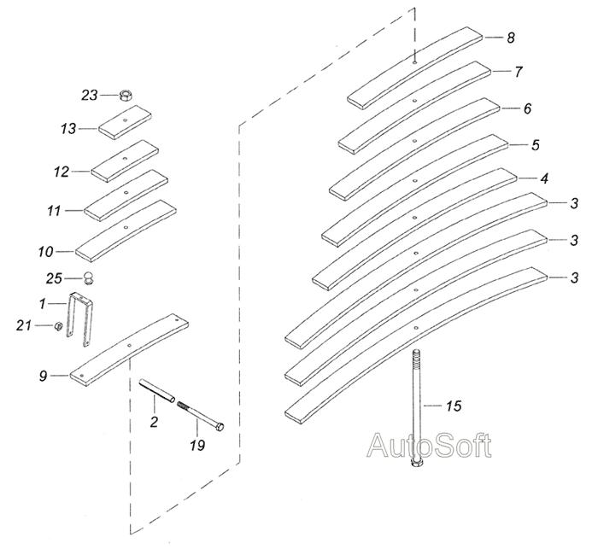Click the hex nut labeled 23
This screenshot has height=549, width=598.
pos(126,95)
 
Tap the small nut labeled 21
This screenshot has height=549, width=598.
pos(58,326)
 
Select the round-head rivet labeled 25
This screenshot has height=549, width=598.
pos(89,278)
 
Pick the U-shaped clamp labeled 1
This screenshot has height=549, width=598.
pos(80,319)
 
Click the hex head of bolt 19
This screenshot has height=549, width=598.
pos(220,426)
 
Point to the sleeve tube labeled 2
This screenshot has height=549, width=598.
pos(156,391)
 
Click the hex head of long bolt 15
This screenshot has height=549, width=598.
pos(416,464)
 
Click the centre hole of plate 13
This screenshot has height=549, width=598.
pos(125,120)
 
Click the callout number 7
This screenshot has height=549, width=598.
pos(518,72)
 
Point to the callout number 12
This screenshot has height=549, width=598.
pos(62,172)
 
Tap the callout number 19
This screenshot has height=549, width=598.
pos(197,445)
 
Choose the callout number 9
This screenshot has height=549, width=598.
pos(43,376)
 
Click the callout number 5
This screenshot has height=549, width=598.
pos(536,145)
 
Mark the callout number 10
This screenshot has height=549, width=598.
pos(45,252)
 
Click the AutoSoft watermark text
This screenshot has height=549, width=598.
pos(429,445)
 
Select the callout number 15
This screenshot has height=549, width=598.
pos(454,406)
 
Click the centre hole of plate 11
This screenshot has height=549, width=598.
pos(126,192)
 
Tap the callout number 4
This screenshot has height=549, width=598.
pos(545,178)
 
